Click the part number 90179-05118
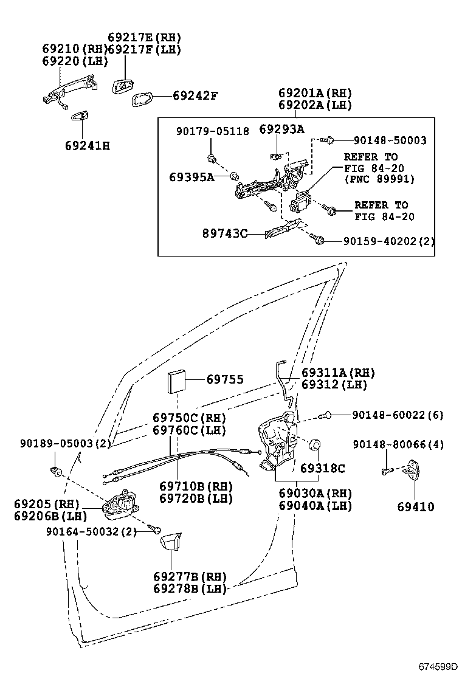(213, 131)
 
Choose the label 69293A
(281, 129)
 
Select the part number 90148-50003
(381, 140)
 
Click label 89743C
(224, 233)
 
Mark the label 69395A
(191, 177)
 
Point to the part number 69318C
(322, 468)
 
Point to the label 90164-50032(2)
(91, 531)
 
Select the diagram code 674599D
(436, 666)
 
